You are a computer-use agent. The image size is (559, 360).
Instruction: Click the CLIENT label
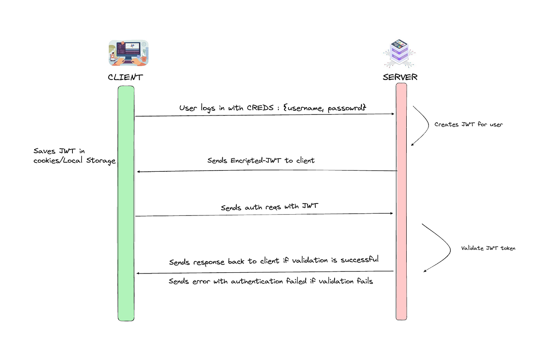pos(126,77)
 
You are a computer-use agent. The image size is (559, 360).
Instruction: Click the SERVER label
pos(400,77)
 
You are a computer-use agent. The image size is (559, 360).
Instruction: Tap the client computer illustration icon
pos(128,53)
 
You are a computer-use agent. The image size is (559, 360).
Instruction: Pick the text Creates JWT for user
pos(468,124)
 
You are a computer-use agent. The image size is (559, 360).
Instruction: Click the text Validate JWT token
pos(488,248)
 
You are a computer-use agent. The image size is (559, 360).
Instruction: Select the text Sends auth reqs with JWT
pos(269,207)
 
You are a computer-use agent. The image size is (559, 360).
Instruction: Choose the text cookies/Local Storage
pos(75,161)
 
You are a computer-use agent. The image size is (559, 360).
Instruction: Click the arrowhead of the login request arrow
pos(393,114)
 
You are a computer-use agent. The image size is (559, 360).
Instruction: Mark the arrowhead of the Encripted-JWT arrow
pos(139,171)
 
